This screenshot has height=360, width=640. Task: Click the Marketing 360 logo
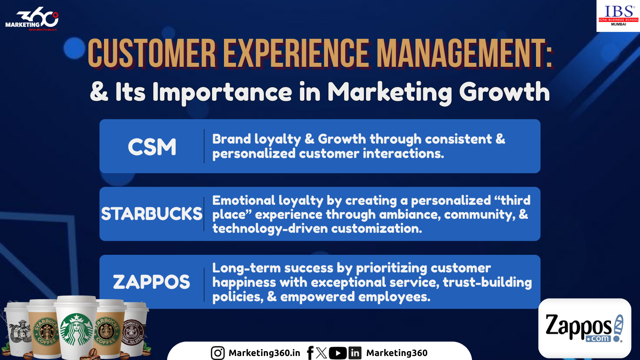[x=32, y=19]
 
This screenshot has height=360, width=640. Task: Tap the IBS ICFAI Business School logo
[x=618, y=16]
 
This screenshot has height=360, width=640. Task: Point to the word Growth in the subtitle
[x=504, y=92]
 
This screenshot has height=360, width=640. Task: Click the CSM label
[x=152, y=147]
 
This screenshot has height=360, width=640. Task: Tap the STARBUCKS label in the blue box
[x=152, y=214]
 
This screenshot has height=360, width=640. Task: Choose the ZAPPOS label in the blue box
[x=152, y=282]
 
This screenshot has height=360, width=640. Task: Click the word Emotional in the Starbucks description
[x=244, y=200]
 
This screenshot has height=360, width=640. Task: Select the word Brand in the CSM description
[x=232, y=139]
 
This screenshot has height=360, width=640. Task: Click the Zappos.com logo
[x=584, y=328]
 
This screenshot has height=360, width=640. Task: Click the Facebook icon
[x=310, y=353]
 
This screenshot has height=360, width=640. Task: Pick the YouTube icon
[x=338, y=353]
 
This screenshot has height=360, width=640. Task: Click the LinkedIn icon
[x=355, y=353]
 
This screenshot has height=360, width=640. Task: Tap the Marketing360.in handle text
[x=264, y=353]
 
